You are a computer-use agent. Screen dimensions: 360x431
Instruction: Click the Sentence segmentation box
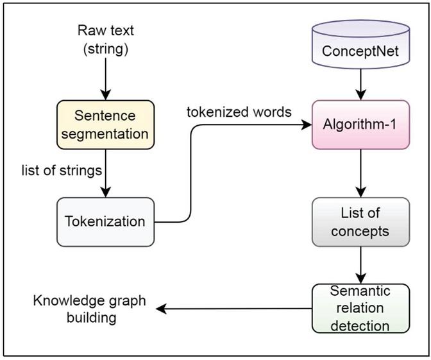tap(106, 126)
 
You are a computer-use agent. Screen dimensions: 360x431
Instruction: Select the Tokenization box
tap(106, 221)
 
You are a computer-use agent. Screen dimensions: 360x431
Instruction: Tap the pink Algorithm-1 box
tap(360, 126)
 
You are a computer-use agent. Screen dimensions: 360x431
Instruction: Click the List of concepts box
tap(360, 221)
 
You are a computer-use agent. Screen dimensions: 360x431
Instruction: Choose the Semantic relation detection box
tap(360, 309)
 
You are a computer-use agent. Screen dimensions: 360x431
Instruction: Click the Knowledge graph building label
tap(90, 309)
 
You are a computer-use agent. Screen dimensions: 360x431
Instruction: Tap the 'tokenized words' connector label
tap(239, 112)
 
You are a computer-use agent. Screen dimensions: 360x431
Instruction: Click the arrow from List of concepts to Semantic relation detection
tap(360, 264)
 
